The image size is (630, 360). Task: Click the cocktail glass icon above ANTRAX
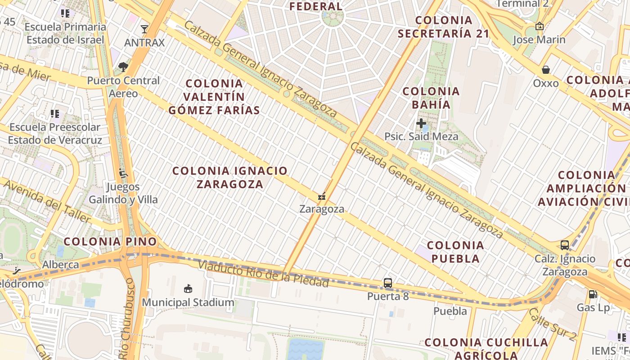click(x=144, y=30)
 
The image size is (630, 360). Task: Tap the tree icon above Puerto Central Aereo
click(x=123, y=67)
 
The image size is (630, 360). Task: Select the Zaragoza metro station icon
click(x=322, y=197)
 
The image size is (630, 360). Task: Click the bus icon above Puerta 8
click(x=388, y=283)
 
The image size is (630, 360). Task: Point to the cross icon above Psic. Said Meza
click(x=421, y=123)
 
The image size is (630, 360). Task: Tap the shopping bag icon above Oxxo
click(x=546, y=70)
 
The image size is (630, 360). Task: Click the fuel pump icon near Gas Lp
click(x=593, y=294)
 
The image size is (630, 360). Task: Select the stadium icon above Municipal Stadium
click(x=188, y=288)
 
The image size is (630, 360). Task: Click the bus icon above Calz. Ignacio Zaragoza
click(x=565, y=245)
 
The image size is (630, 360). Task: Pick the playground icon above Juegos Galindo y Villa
click(x=123, y=173)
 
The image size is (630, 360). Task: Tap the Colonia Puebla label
click(x=455, y=252)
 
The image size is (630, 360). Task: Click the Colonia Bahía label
click(x=431, y=98)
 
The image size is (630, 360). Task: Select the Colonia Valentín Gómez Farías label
click(x=214, y=97)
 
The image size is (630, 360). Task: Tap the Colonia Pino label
click(x=110, y=242)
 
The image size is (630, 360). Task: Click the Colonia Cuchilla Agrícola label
click(x=486, y=348)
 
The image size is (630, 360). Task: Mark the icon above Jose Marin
click(x=540, y=27)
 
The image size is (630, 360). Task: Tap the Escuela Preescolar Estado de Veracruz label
click(x=55, y=133)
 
